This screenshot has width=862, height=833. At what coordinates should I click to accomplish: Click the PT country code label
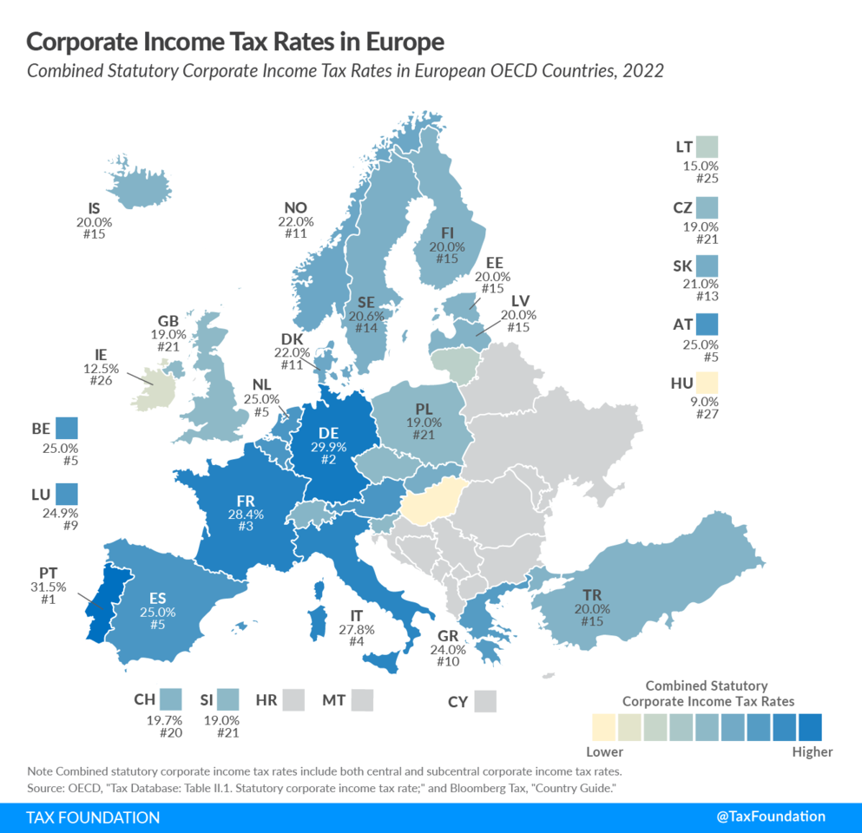pyautogui.click(x=49, y=574)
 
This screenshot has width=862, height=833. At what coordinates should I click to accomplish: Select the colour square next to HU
pyautogui.click(x=707, y=383)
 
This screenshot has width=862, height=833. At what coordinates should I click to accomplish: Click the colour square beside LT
pyautogui.click(x=707, y=148)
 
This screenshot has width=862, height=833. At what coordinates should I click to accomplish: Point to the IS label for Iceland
pyautogui.click(x=95, y=208)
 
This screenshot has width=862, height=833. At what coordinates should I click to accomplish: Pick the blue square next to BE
pyautogui.click(x=67, y=428)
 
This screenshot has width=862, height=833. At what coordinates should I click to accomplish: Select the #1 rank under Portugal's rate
pyautogui.click(x=49, y=601)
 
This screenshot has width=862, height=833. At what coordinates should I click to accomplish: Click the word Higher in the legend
pyautogui.click(x=812, y=752)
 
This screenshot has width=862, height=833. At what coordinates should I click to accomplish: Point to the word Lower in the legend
pyautogui.click(x=604, y=752)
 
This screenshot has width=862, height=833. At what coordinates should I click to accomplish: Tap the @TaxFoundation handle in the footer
pyautogui.click(x=771, y=817)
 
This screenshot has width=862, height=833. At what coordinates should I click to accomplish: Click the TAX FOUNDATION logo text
pyautogui.click(x=93, y=817)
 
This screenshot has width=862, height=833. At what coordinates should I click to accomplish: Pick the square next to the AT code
pyautogui.click(x=707, y=325)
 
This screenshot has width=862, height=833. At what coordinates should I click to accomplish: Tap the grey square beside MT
pyautogui.click(x=362, y=699)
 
